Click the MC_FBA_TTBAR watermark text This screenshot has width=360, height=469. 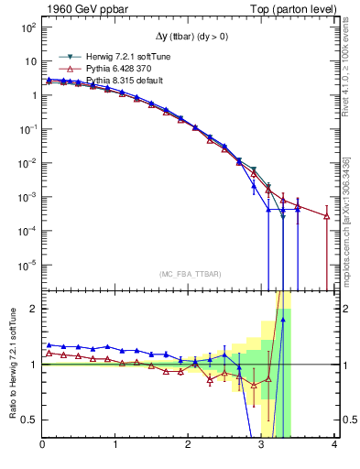point(189,274)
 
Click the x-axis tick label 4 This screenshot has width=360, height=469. point(334,445)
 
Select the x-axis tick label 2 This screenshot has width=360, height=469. point(189,445)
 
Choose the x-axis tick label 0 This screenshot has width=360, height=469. point(42,445)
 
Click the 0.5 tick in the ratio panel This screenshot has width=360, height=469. point(28,420)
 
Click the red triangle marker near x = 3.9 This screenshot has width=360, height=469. point(327,216)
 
